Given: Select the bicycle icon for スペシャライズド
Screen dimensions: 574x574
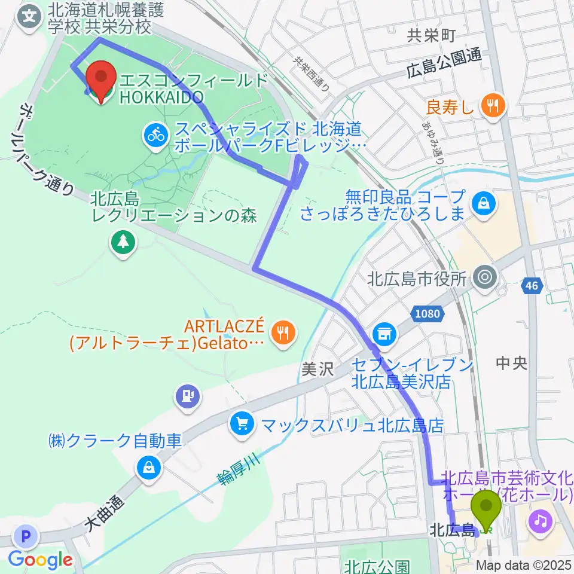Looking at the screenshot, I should [x=156, y=135].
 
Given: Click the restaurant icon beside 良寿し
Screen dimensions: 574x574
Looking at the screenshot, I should [x=493, y=106].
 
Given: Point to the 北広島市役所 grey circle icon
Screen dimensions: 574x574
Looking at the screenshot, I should [x=483, y=277].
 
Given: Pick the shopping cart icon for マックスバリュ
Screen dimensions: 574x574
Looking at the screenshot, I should [x=242, y=425].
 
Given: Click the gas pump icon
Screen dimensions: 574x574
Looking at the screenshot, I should [x=188, y=395].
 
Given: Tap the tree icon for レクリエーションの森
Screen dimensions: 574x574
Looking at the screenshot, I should [x=123, y=242].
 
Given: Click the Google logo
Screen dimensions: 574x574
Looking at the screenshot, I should [x=40, y=560].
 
